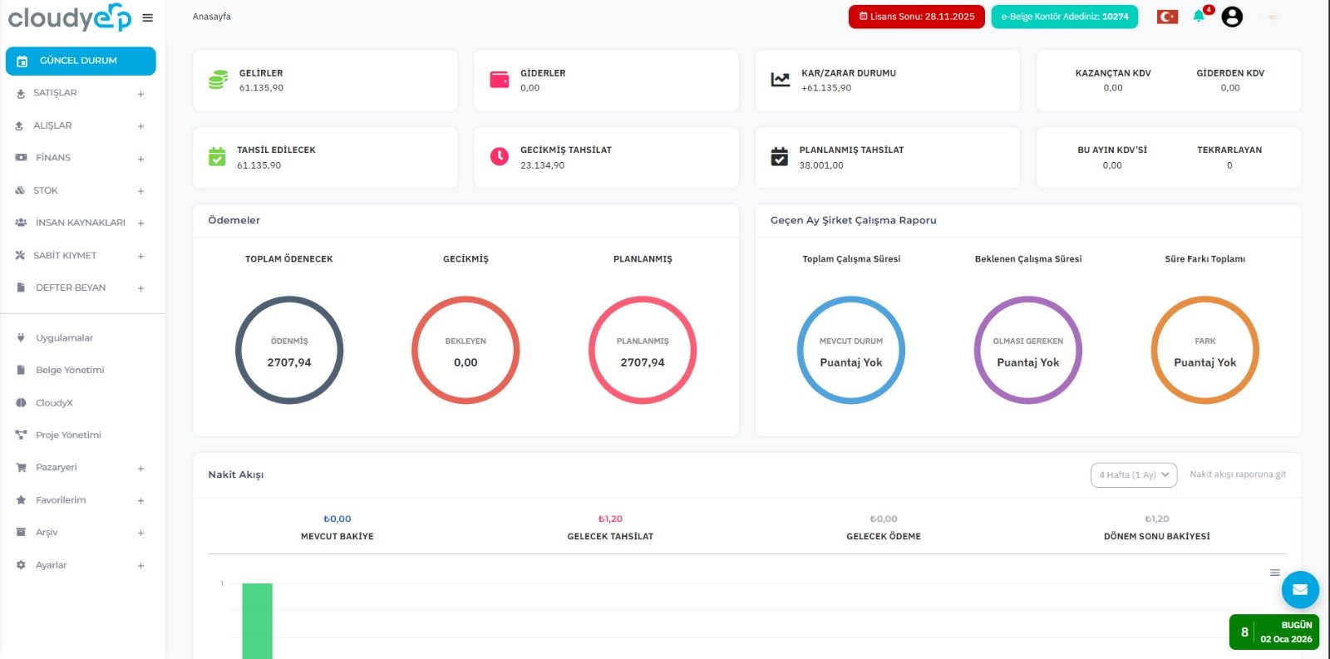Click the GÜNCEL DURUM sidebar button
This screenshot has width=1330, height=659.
pyautogui.click(x=81, y=61)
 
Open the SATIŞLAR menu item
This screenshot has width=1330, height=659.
pyautogui.click(x=55, y=92)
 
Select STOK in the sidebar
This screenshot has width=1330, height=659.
pyautogui.click(x=45, y=190)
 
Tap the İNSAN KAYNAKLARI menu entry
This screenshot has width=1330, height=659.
pyautogui.click(x=80, y=222)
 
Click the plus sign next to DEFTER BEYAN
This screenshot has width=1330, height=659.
pyautogui.click(x=140, y=288)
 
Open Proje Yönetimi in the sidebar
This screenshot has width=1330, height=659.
pyautogui.click(x=68, y=435)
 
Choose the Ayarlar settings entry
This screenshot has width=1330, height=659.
pyautogui.click(x=51, y=564)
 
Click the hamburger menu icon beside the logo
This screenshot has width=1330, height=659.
pyautogui.click(x=148, y=17)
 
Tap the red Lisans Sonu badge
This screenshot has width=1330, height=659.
pyautogui.click(x=916, y=17)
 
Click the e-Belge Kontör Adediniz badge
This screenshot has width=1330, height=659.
pyautogui.click(x=1065, y=17)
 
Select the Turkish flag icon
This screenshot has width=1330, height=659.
pyautogui.click(x=1167, y=17)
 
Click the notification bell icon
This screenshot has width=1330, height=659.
pyautogui.click(x=1199, y=16)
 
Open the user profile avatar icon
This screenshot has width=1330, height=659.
pyautogui.click(x=1232, y=17)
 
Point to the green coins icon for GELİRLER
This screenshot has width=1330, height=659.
pyautogui.click(x=218, y=80)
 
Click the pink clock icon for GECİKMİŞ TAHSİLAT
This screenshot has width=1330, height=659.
pyautogui.click(x=500, y=156)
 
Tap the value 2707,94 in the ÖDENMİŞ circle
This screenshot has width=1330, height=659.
pyautogui.click(x=289, y=362)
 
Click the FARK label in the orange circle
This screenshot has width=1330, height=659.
pyautogui.click(x=1204, y=341)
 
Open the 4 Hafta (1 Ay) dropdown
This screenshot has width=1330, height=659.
pyautogui.click(x=1134, y=475)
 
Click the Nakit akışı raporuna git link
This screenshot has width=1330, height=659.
pyautogui.click(x=1238, y=475)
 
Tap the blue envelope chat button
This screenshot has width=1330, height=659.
pyautogui.click(x=1300, y=589)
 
